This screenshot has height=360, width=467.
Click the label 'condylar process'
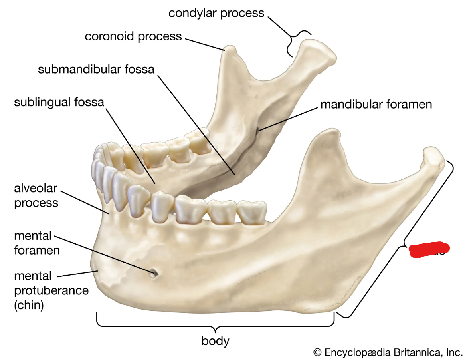pyautogui.click(x=216, y=13)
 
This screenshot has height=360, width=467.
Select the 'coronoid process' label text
pyautogui.click(x=133, y=37)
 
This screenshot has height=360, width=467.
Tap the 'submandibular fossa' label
pyautogui.click(x=96, y=69)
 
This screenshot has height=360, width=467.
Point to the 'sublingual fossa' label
pyautogui.click(x=59, y=102)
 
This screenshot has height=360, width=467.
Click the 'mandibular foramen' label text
pyautogui.click(x=376, y=105)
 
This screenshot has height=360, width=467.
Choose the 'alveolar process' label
pyautogui.click(x=36, y=195)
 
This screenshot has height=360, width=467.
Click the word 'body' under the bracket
pyautogui.click(x=215, y=341)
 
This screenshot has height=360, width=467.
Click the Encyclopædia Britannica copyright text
pyautogui.click(x=388, y=352)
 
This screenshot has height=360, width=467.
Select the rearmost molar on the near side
pyautogui.click(x=252, y=211)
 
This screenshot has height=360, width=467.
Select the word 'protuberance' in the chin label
pyautogui.click(x=51, y=290)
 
